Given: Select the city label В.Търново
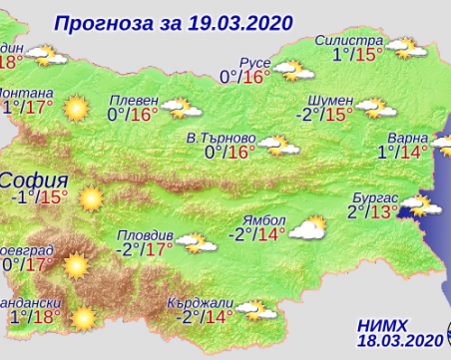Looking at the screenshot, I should pyautogui.click(x=222, y=138).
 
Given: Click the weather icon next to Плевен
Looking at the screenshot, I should pyautogui.click(x=177, y=105).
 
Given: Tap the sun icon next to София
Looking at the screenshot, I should pyautogui.click(x=91, y=198).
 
